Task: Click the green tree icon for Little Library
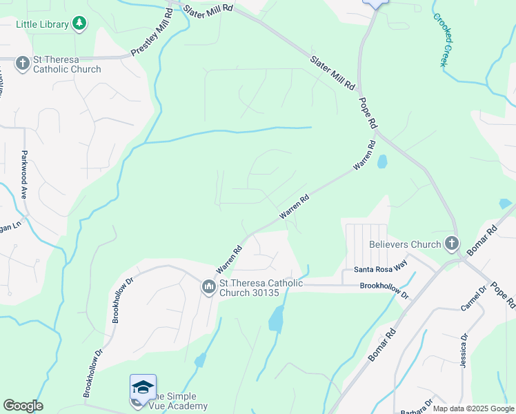(80, 24)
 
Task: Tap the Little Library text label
(43, 25)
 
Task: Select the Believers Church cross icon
(451, 244)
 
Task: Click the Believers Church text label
(405, 244)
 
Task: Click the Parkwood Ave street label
(25, 175)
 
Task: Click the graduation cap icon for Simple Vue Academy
(143, 387)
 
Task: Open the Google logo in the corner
(23, 406)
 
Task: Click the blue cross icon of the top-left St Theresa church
(22, 64)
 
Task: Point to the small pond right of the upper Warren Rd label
(382, 161)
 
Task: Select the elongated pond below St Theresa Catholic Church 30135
(276, 319)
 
